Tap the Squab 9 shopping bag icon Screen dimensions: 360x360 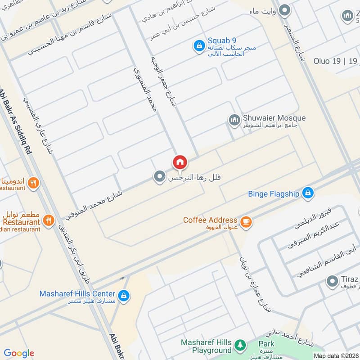pos(198,45)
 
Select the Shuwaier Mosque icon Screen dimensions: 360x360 pos(234,120)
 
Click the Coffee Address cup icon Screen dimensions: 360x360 pos(246,221)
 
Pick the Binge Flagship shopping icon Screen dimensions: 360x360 pos(307,193)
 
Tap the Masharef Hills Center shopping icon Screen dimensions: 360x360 pos(125,296)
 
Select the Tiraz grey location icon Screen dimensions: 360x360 pos(332,282)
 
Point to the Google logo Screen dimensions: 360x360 pos(19,353)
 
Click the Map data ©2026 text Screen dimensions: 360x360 pos(335,355)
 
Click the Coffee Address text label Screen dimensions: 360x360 pos(210,220)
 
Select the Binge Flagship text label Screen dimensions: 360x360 pos(274,194)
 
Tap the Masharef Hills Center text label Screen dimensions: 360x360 pos(77,293)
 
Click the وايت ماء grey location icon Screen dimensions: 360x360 pos(284,10)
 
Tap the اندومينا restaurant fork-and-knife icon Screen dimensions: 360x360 pos(33,183)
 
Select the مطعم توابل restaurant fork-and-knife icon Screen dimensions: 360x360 pos(49,220)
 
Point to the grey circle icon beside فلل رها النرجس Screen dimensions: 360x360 pos(158,177)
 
